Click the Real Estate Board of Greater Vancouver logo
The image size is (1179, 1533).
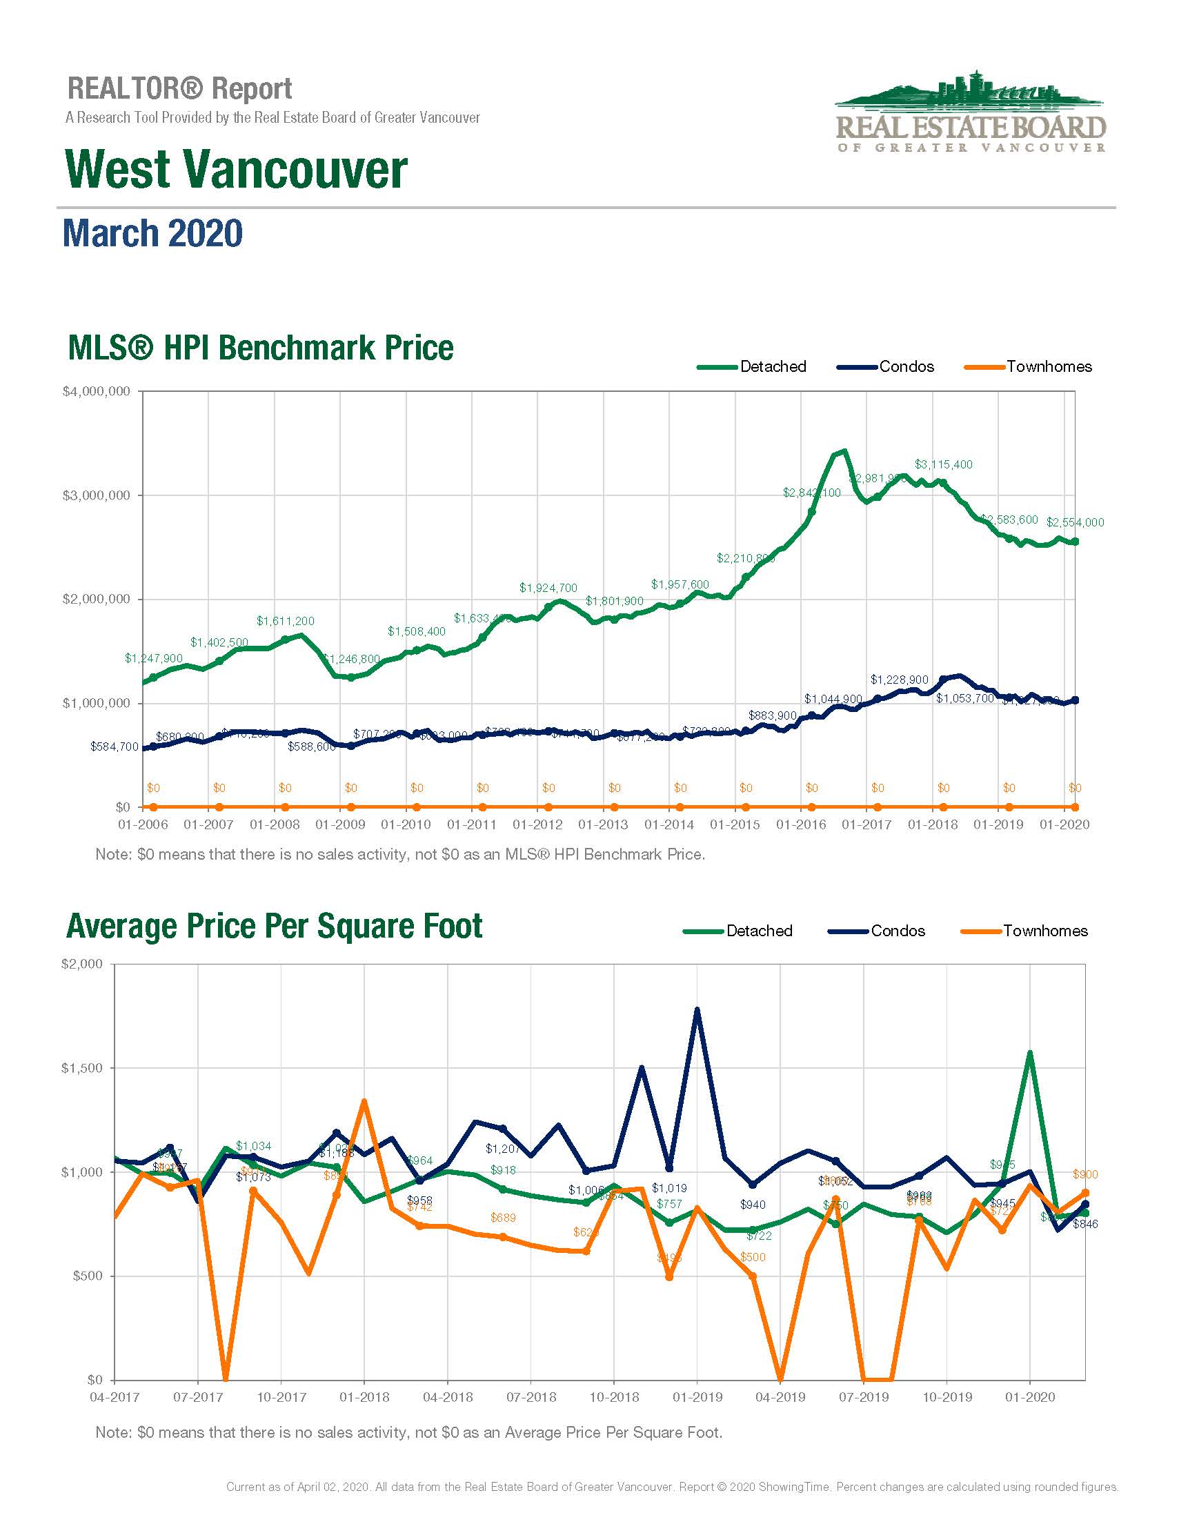click(970, 113)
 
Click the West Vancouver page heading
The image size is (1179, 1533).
click(236, 169)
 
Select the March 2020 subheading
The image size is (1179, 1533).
click(153, 234)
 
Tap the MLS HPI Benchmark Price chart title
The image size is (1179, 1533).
click(260, 348)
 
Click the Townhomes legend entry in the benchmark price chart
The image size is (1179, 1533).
click(1049, 366)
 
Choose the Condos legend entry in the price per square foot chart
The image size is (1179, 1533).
click(898, 931)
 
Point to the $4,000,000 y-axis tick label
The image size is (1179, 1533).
click(96, 392)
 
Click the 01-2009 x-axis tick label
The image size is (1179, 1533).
click(340, 824)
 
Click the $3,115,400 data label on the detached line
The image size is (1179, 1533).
click(943, 465)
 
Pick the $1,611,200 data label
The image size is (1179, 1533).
click(285, 621)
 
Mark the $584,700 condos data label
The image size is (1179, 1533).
click(115, 747)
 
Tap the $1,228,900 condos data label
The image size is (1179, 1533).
click(899, 680)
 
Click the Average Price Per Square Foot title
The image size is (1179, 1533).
click(274, 927)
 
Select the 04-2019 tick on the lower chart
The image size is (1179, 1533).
click(780, 1397)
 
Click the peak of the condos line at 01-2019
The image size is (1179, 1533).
click(697, 1010)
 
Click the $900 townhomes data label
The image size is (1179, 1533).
click(1085, 1174)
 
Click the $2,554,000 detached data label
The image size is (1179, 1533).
click(1074, 522)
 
